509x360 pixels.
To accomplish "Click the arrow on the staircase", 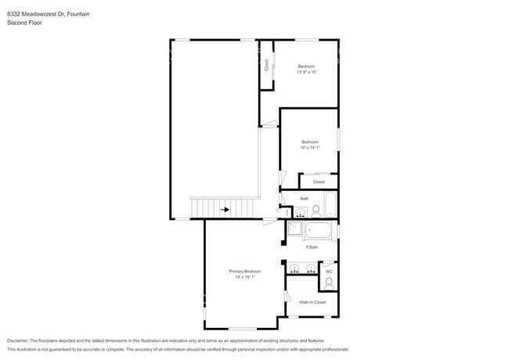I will tap(226, 210).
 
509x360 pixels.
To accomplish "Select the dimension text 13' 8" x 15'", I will tap(306, 72).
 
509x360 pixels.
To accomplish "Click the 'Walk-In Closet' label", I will tap(312, 301).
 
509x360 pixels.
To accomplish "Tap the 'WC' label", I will tap(329, 272).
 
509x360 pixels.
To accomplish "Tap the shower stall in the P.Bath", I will tap(294, 229).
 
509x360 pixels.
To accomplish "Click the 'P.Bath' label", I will tap(312, 247).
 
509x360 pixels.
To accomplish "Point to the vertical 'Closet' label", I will tap(266, 65).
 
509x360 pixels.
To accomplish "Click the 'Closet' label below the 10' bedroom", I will tap(319, 182).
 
